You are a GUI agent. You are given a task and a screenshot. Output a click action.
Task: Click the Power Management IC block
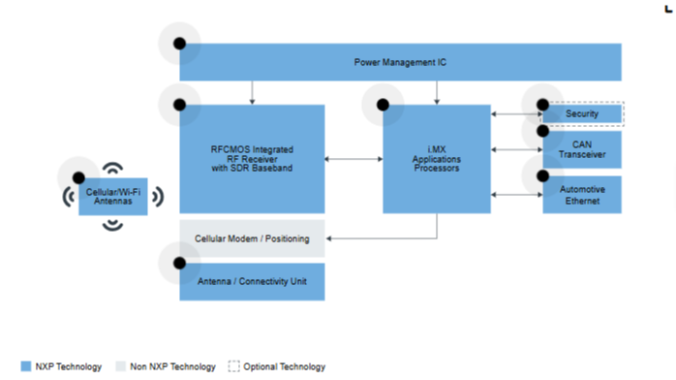[401, 62]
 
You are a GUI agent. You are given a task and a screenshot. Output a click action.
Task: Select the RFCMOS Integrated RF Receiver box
[252, 159]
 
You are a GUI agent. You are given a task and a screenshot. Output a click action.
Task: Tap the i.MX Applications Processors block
[437, 159]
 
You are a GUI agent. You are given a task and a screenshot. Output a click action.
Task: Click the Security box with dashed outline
[582, 113]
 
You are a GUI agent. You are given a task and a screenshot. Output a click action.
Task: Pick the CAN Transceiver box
[582, 149]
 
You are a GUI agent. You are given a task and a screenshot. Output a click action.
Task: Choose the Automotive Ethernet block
[582, 195]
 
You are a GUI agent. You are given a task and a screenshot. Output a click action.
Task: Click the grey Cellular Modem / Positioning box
[252, 238]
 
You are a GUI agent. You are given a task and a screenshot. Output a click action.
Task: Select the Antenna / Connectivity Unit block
[252, 282]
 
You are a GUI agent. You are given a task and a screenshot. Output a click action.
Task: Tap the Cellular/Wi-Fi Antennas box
[113, 197]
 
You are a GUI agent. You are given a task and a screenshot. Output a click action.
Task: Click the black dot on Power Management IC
[179, 44]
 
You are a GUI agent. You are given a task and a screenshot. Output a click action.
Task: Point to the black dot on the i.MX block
[383, 105]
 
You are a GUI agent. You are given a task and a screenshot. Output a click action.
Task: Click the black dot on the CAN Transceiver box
[542, 131]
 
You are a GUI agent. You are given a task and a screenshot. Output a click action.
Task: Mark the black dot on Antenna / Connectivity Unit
[179, 263]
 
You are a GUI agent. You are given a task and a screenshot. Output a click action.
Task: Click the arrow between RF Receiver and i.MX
[353, 159]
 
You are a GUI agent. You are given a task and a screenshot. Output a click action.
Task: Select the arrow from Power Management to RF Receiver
[252, 93]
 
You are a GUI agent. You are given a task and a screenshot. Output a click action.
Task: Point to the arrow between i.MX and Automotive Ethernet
[516, 195]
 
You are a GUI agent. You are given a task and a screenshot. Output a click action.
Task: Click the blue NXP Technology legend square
[26, 366]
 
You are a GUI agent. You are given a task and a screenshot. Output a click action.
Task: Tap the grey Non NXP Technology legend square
[121, 366]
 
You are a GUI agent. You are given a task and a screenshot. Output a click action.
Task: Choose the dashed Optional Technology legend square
[233, 366]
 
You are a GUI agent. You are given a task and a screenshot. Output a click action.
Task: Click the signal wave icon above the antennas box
[113, 168]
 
